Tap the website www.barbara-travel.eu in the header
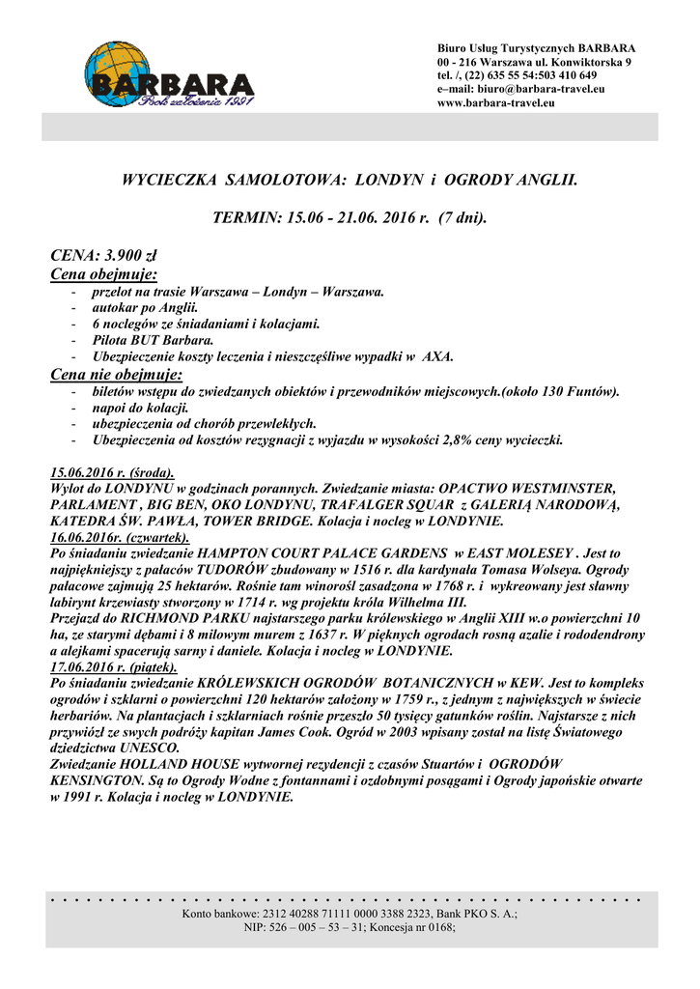click(x=496, y=102)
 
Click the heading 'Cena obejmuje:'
click(x=103, y=274)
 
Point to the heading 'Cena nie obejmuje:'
click(x=116, y=374)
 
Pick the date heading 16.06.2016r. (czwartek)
click(x=120, y=537)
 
